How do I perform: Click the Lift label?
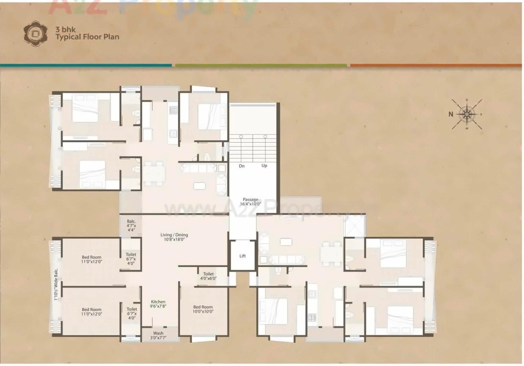click(243, 256)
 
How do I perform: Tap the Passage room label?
click(250, 200)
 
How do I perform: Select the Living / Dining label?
click(174, 235)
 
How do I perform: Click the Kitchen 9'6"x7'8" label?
click(158, 304)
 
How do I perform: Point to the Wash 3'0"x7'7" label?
click(158, 335)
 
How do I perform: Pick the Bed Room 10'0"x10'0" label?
click(203, 309)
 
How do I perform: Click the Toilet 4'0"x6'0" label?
click(208, 276)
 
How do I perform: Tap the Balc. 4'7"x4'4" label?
click(131, 224)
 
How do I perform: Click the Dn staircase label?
click(242, 166)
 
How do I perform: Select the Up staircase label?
click(265, 166)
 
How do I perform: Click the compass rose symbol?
click(467, 114)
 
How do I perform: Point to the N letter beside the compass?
click(451, 114)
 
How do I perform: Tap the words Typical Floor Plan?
click(87, 37)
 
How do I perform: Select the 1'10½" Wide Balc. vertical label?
click(55, 285)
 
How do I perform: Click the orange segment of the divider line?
click(436, 65)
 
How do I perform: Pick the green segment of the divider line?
click(261, 65)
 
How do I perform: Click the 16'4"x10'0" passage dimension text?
click(250, 204)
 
